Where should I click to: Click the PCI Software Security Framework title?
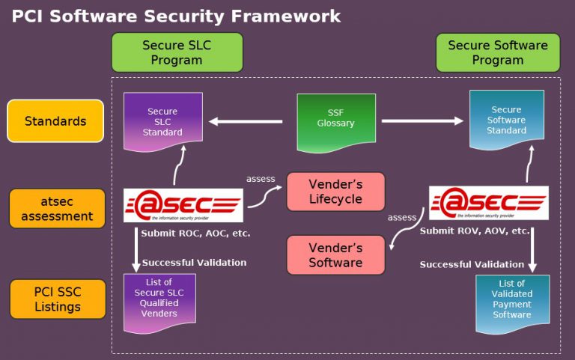pos(176,16)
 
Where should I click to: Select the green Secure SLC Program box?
pos(177,52)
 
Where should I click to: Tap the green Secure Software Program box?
pos(497,52)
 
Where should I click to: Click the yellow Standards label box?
pos(55,120)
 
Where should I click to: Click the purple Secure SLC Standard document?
pos(162,121)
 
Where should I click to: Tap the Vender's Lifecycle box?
pos(335,192)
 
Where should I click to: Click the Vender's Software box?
pos(335,254)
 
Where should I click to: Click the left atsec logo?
pos(183,205)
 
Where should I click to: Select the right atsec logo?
pos(488,203)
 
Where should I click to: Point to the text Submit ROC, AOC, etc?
pos(195,234)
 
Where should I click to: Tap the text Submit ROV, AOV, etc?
pos(475,231)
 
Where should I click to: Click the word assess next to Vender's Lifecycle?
pos(261,179)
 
